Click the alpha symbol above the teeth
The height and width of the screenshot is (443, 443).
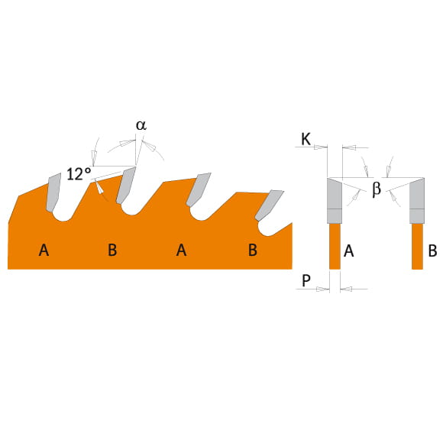[141, 125]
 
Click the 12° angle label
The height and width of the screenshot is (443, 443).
[79, 174]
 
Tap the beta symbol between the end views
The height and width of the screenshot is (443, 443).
[377, 189]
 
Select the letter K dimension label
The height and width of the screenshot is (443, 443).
[306, 139]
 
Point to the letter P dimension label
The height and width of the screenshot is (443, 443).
[306, 280]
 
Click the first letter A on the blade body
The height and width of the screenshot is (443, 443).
[44, 250]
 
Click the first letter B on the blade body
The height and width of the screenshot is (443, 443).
[112, 250]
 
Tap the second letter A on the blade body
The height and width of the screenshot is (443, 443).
[181, 250]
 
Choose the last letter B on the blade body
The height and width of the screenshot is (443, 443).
[253, 250]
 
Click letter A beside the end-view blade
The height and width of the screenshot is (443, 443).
[348, 251]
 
